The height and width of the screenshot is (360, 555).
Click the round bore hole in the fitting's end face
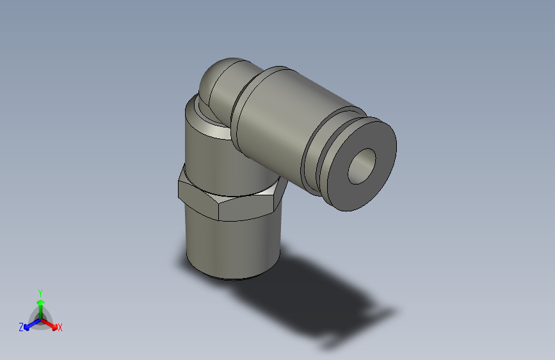tap(362, 165)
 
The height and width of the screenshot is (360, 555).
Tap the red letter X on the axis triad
tap(60, 327)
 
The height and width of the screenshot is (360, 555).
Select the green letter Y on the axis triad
tap(40, 291)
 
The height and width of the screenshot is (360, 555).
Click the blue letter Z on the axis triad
tap(21, 327)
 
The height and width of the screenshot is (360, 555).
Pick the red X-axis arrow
tap(51, 323)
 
